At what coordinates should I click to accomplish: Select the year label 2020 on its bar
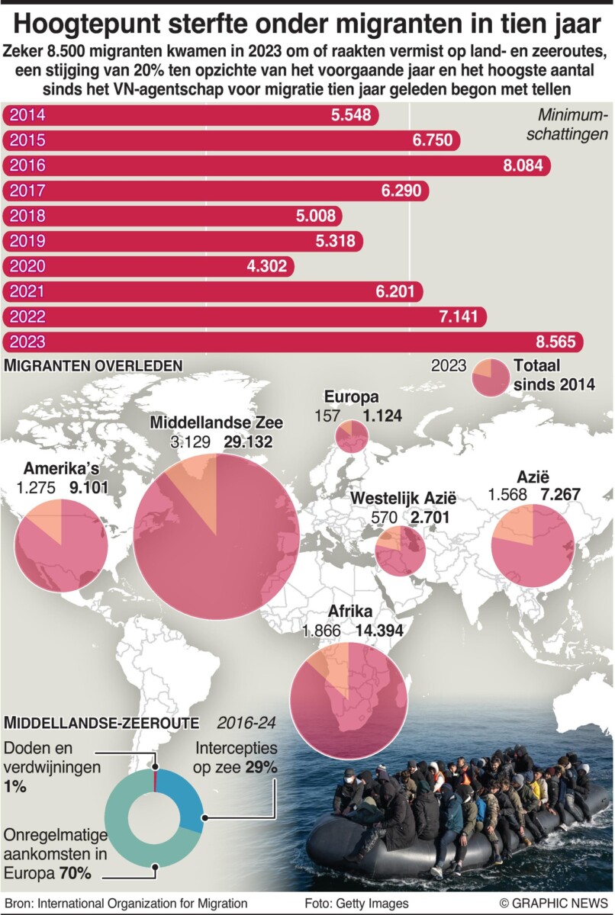click(x=25, y=266)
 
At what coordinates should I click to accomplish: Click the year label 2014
click(x=25, y=115)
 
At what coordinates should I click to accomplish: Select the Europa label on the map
click(x=351, y=396)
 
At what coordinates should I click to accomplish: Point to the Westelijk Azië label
click(x=403, y=499)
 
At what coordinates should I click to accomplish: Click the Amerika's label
click(x=66, y=468)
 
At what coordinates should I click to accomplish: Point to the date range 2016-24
click(x=246, y=722)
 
